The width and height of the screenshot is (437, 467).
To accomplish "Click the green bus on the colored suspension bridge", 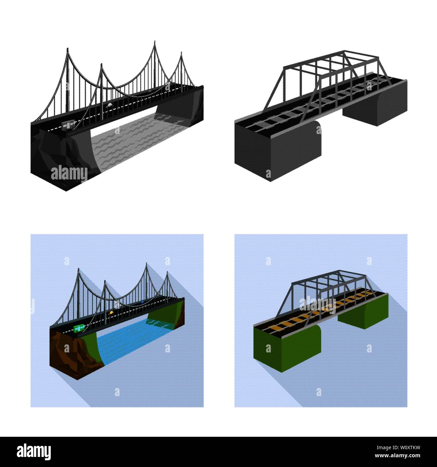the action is click(x=79, y=328).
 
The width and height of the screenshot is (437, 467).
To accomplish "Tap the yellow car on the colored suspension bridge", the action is click(x=111, y=313).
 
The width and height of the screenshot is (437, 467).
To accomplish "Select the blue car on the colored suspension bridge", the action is click(x=143, y=302).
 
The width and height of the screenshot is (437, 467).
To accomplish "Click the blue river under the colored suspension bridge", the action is click(x=134, y=339).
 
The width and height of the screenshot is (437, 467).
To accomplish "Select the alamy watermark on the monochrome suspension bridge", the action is click(x=69, y=174).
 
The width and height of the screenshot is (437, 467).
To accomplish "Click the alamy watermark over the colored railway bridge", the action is click(x=317, y=305).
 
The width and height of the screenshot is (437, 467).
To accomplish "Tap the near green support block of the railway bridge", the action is click(x=287, y=348).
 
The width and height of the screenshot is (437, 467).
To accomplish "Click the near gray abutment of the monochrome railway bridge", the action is click(x=278, y=151).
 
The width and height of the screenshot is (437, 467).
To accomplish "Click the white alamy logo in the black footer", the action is click(x=34, y=452).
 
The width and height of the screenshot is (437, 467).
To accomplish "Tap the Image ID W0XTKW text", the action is click(x=398, y=448).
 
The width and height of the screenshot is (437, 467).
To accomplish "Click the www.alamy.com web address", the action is click(x=397, y=456).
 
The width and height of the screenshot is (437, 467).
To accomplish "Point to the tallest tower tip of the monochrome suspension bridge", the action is click(x=155, y=41).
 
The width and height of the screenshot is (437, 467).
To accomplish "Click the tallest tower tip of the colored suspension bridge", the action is click(x=146, y=263).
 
